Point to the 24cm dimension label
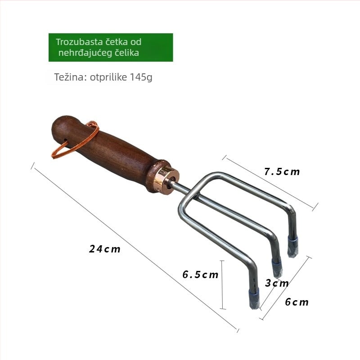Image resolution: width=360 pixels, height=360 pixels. pyautogui.click(x=105, y=249)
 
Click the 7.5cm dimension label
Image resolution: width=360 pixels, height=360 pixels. pyautogui.click(x=282, y=171)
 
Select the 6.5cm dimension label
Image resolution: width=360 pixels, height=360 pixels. pyautogui.click(x=200, y=274)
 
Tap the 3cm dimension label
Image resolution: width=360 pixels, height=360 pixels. pyautogui.click(x=277, y=283)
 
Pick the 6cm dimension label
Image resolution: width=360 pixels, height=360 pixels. pyautogui.click(x=297, y=302)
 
